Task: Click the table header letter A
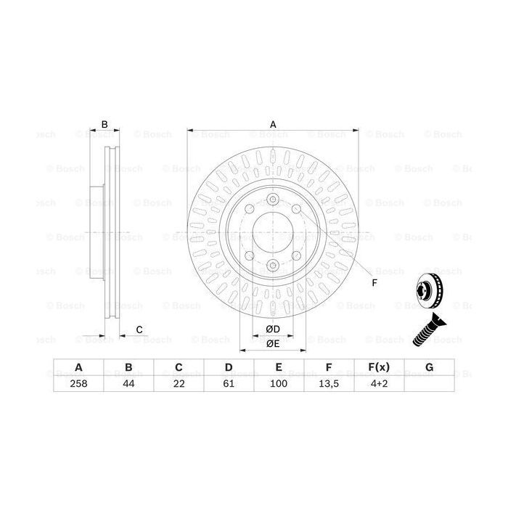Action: coord(78,367)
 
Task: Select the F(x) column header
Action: coord(379,367)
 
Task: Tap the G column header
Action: coord(429,367)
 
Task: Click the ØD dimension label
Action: coord(273,329)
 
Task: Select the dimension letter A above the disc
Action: coord(274,124)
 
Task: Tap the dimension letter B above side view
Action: coord(105,125)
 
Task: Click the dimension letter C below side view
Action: coord(139,331)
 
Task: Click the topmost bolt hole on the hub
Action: coord(273,201)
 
